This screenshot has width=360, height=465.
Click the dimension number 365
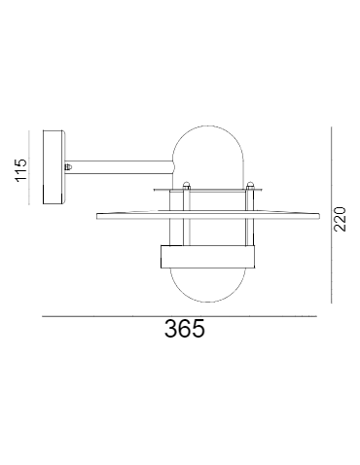(184, 330)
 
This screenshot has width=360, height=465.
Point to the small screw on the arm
(67, 167)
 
